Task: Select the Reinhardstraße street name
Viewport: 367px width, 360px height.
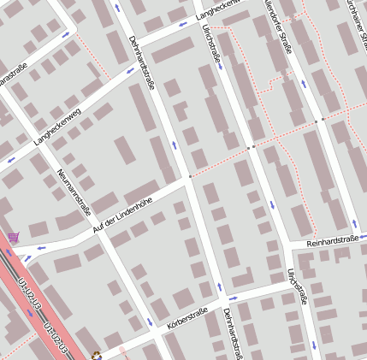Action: coord(334,243)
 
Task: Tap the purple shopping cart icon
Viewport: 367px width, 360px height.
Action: coord(13,237)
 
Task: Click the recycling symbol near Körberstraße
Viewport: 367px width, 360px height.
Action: coord(97,356)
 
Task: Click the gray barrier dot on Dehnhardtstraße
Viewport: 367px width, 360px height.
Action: coord(189,178)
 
